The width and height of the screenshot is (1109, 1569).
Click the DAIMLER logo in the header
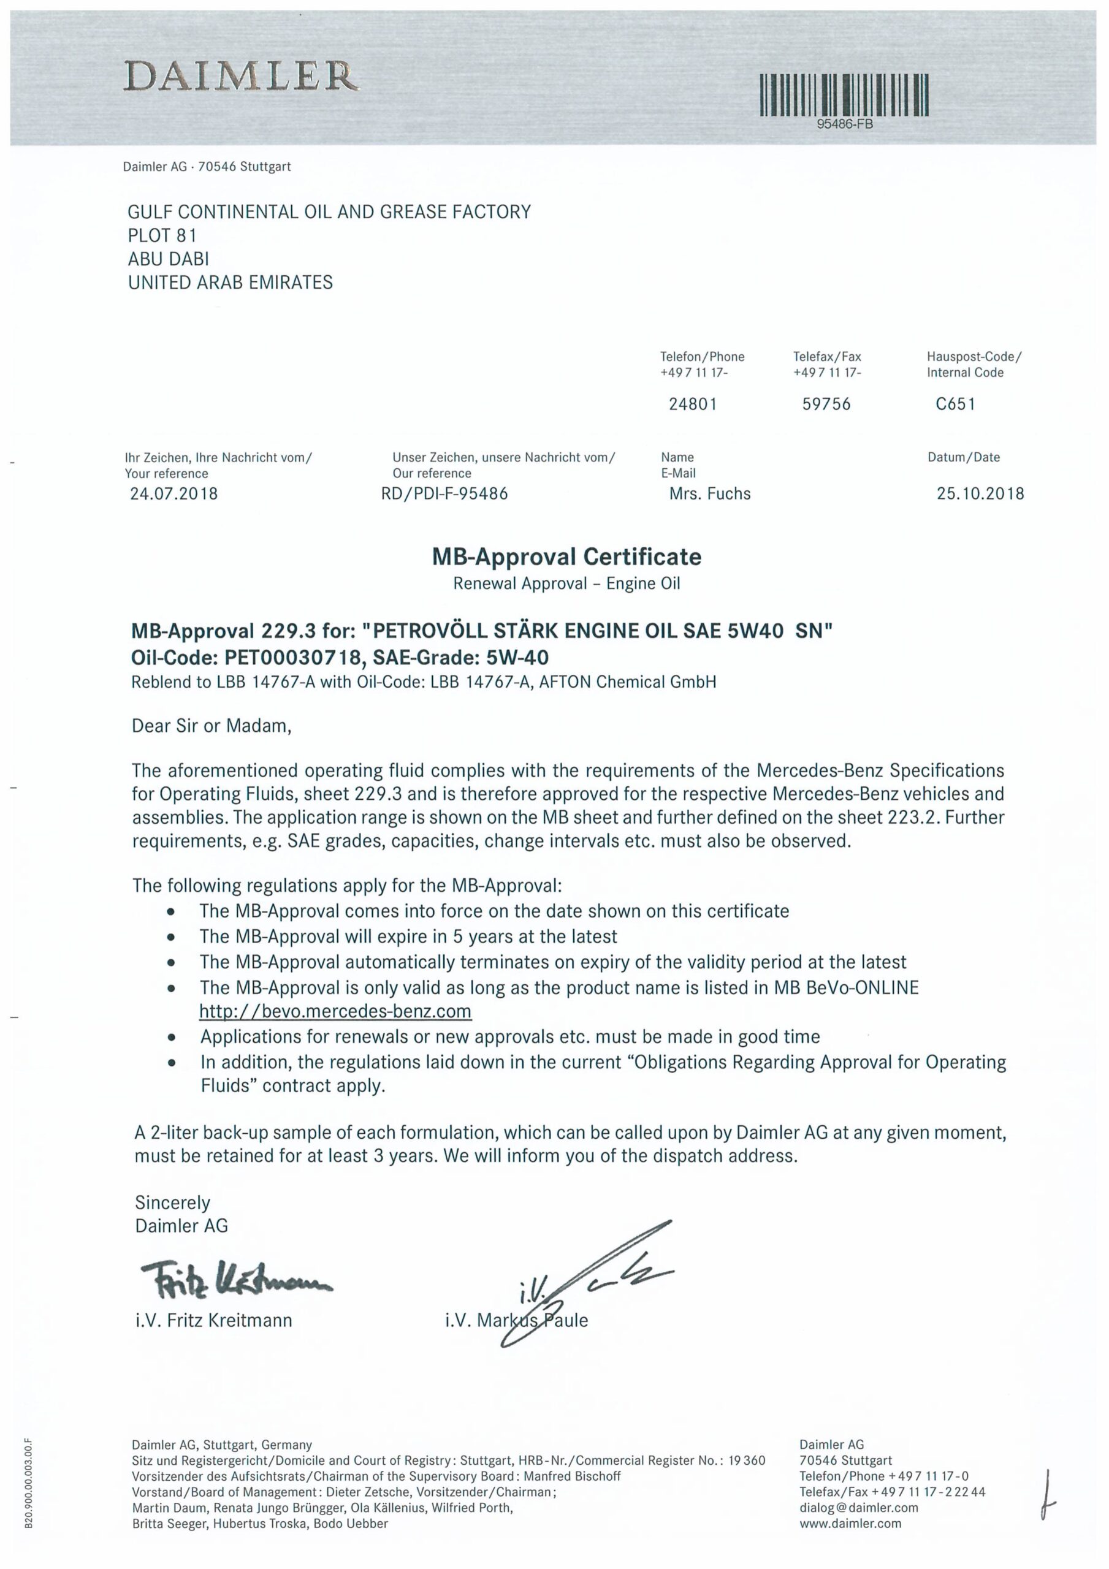coord(241,76)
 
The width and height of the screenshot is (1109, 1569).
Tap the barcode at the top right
coord(844,94)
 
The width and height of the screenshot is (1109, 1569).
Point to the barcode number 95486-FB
coord(844,124)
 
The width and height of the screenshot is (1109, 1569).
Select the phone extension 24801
coord(693,404)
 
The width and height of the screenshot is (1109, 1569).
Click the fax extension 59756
coord(826,404)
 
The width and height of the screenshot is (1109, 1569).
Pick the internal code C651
coord(955,404)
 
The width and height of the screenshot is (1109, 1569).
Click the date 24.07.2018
coord(173,493)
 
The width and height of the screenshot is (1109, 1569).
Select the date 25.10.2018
coord(980,493)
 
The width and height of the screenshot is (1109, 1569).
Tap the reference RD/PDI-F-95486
coord(444,493)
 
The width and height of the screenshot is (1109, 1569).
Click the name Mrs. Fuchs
coord(710,493)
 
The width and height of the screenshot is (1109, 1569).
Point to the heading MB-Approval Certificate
coord(566,557)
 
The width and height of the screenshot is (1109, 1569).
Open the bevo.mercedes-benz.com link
coord(335,1011)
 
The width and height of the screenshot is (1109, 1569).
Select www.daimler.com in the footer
coord(850,1523)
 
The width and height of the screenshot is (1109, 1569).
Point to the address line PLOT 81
coord(162,236)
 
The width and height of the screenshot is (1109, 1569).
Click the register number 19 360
coord(747,1461)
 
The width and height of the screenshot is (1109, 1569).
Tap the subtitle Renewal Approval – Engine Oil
coord(566,583)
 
